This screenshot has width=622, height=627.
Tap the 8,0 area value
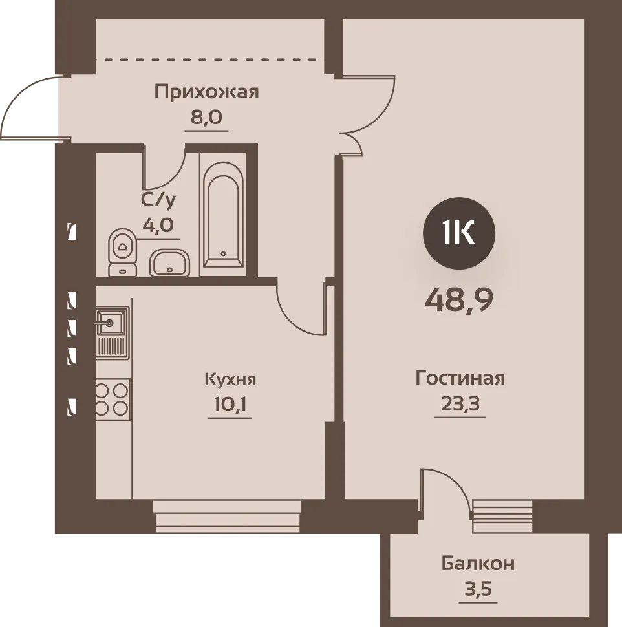point(206,118)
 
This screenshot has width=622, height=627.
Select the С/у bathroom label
point(158,200)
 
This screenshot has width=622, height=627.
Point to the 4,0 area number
point(158,226)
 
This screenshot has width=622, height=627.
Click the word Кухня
point(230,379)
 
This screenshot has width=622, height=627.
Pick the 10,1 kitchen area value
point(230,405)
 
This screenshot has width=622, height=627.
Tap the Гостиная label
point(460,378)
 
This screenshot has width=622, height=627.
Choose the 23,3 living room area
point(460,403)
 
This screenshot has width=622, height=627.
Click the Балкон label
point(478,564)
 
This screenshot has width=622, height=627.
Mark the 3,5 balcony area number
point(478,589)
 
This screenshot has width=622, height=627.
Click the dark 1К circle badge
point(459,233)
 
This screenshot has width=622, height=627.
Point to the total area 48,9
point(459,301)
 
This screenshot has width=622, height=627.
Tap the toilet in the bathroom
point(123,252)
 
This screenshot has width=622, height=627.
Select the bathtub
point(223,215)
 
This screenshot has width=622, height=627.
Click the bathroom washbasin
point(169,262)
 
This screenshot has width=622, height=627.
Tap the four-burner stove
point(113,399)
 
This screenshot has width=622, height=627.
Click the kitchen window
point(227,516)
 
